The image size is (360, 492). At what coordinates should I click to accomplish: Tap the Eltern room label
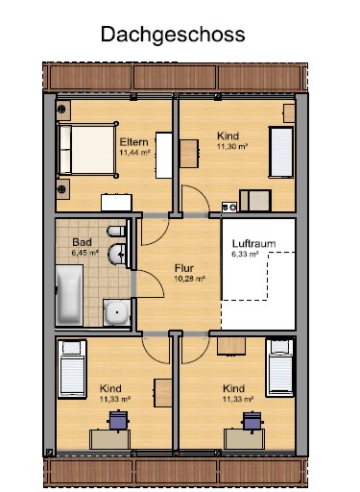point(132,141)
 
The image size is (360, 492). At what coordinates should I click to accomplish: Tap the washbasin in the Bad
point(116,256)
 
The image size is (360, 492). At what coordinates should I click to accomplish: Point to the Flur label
point(183,269)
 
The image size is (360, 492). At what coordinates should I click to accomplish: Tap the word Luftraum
point(253,244)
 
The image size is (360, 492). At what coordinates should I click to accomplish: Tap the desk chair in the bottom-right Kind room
point(253,419)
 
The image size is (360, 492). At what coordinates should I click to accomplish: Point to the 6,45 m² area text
point(84,254)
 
